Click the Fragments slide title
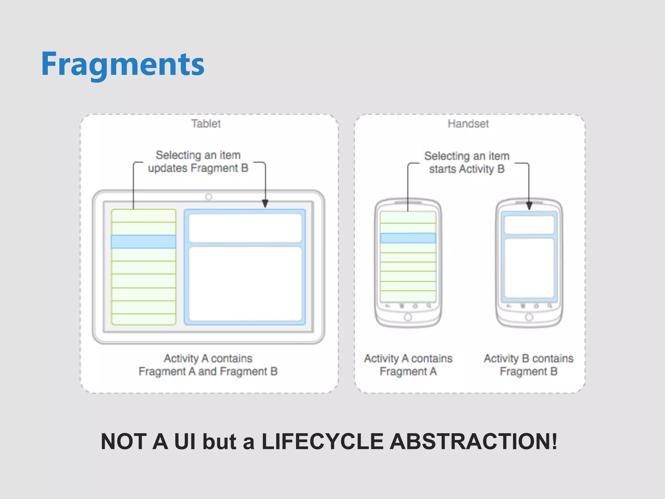coord(123,64)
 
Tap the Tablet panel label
coord(206,124)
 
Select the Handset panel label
coord(468,124)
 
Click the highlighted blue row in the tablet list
coord(144,242)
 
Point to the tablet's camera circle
coord(209,197)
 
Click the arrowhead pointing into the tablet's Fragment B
coord(265,204)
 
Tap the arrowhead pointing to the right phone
coord(529,206)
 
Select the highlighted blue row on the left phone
coord(408,238)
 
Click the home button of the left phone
coord(408,317)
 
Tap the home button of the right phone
coord(529,317)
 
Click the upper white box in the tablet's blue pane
coord(245,228)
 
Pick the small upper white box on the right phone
coord(529,225)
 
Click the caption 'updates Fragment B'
coord(198,168)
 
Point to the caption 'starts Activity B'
coord(467,169)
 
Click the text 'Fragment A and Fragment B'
coord(208,371)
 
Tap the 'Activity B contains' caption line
coord(529,358)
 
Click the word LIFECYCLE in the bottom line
coord(322,442)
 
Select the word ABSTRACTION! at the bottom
coord(473,442)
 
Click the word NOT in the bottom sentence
coord(123,442)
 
